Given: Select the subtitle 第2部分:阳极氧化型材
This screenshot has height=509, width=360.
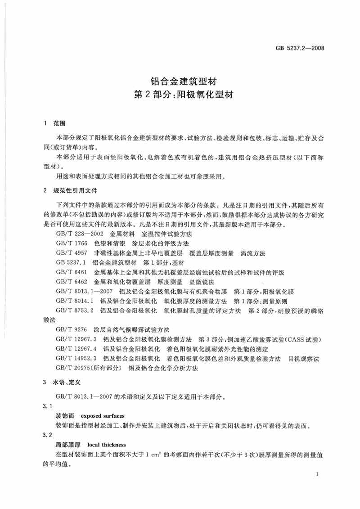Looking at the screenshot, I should tap(180, 96).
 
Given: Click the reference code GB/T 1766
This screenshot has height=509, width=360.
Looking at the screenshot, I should tap(71, 243).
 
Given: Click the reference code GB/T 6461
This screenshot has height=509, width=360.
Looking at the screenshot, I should tap(71, 273).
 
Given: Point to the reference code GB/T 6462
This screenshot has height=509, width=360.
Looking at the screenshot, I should tap(71, 282).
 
